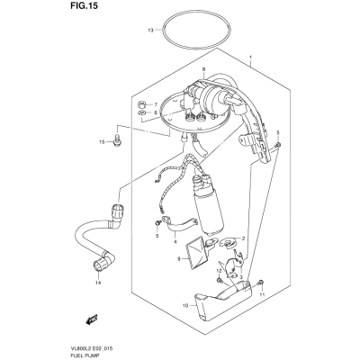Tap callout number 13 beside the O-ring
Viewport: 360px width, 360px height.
click(x=150, y=31)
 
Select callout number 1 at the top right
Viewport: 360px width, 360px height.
click(x=251, y=58)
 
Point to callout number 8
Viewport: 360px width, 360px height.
click(x=203, y=69)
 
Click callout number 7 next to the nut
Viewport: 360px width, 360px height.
click(x=156, y=104)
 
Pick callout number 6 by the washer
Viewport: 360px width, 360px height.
click(x=156, y=112)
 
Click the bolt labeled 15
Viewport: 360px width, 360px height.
click(x=117, y=140)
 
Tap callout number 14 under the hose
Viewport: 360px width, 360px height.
click(x=98, y=283)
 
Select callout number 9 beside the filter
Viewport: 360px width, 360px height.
click(x=178, y=259)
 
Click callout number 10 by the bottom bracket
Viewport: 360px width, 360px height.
click(x=185, y=306)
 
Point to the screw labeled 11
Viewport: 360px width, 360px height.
click(x=260, y=283)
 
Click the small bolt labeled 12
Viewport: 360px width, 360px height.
click(x=220, y=281)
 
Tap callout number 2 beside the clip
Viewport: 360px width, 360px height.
click(x=243, y=238)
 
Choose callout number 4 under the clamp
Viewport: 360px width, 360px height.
click(x=175, y=242)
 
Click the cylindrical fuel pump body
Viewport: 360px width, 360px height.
click(x=210, y=213)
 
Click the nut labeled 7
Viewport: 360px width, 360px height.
click(x=141, y=104)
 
